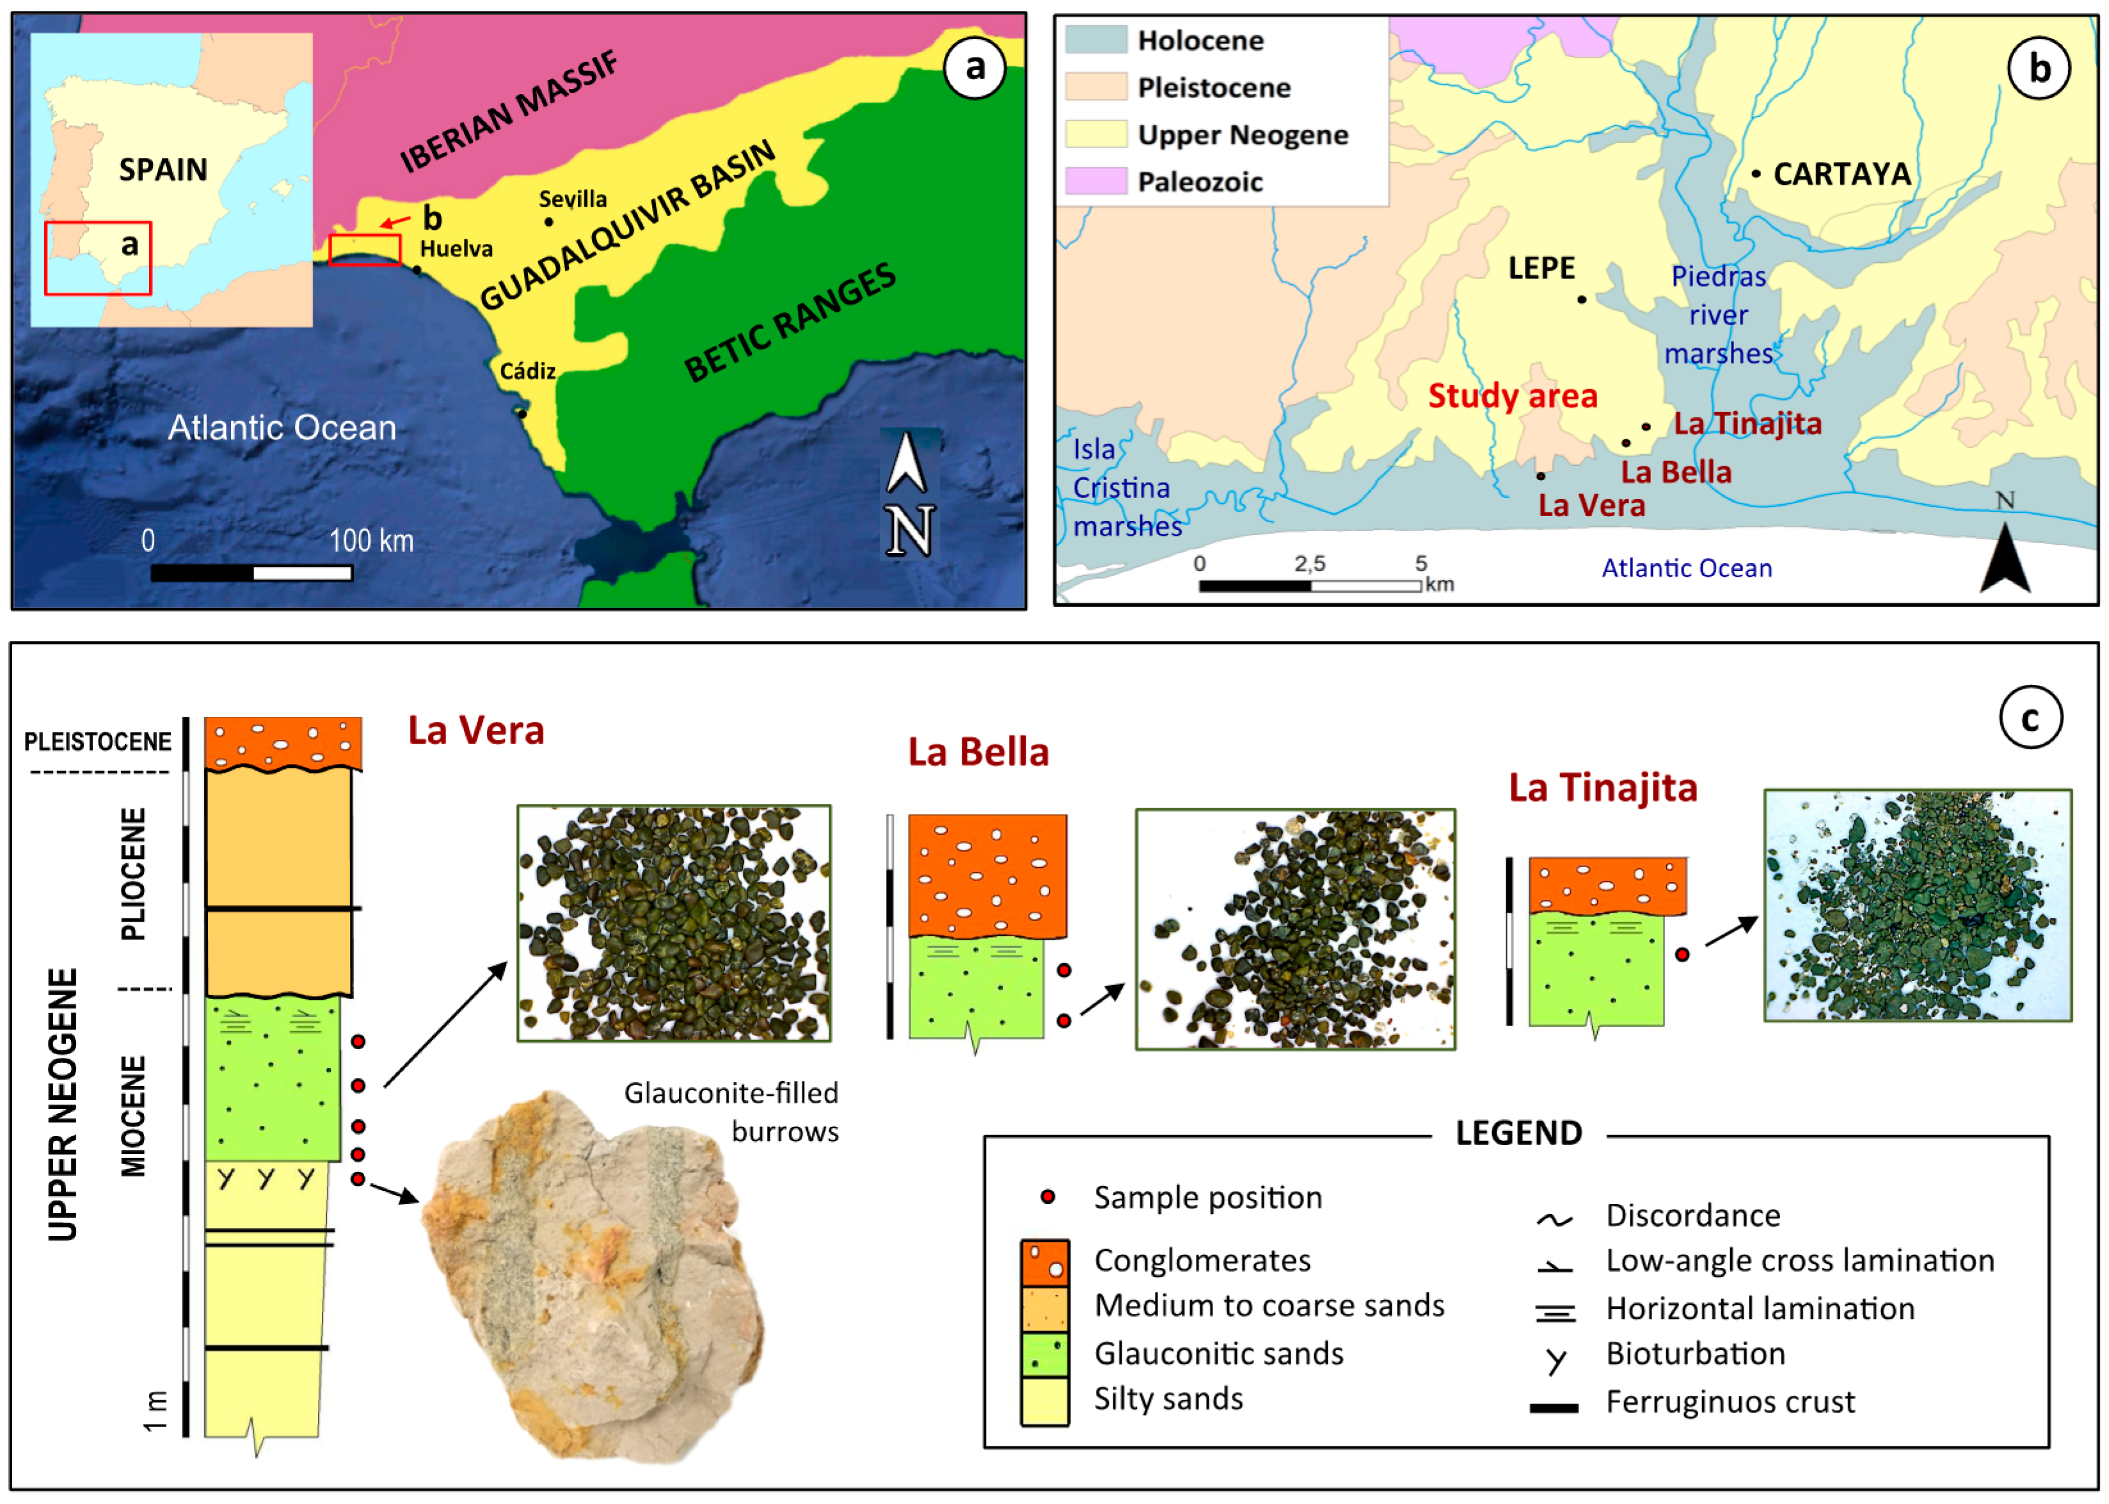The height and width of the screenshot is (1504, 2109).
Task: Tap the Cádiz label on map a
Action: pos(528,371)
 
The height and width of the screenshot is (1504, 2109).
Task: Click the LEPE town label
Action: pos(1541,269)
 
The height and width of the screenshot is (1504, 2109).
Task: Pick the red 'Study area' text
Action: pos(1512,396)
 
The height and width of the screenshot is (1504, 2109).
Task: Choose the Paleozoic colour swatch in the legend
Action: pos(1096,182)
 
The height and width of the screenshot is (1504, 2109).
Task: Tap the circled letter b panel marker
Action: pos(2039,68)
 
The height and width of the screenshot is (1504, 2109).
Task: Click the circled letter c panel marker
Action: pos(2030,717)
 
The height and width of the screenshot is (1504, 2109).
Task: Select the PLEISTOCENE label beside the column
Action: pos(97,742)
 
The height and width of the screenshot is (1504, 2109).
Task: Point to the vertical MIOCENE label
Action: pos(134,1116)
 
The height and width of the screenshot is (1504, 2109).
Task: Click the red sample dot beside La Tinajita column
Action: pos(1682,954)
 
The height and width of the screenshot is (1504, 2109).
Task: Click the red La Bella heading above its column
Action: pos(978,753)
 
